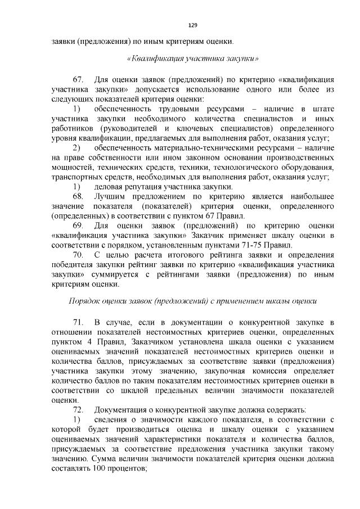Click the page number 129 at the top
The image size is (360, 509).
[192, 25]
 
